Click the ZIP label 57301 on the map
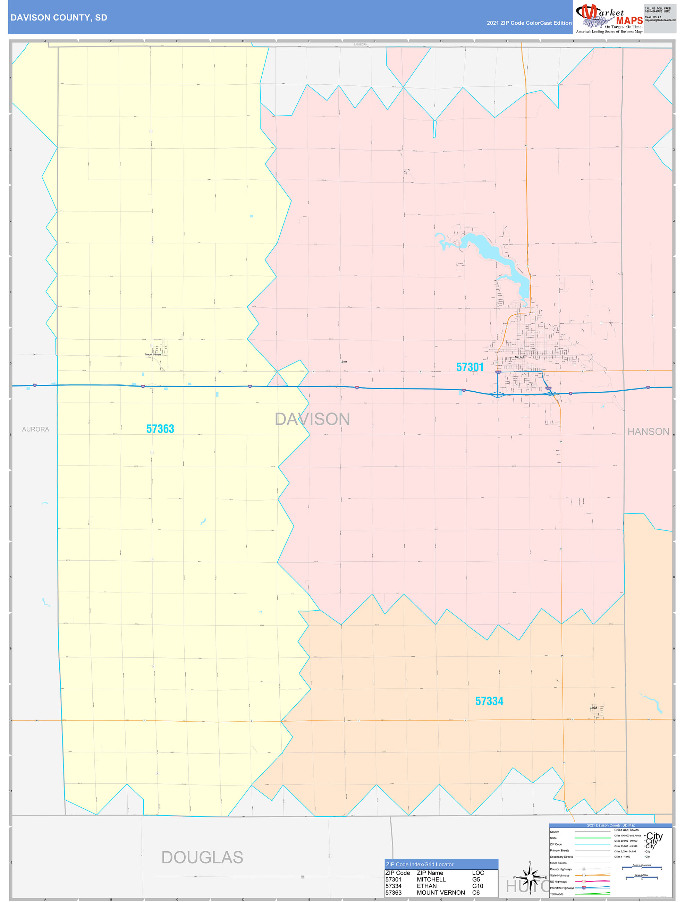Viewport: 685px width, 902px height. pos(470,367)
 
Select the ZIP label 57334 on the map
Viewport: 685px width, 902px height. pos(489,701)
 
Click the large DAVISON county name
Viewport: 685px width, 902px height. pos(312,419)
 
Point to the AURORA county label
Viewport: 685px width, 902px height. pos(35,429)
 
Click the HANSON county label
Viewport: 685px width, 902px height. pos(648,432)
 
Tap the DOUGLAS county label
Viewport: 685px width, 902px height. pos(202,857)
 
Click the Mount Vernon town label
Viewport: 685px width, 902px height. pos(153,354)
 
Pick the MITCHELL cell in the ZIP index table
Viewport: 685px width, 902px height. pos(431,879)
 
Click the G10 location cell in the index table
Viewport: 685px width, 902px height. pos(477,886)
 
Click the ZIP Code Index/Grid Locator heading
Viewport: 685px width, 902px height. pos(420,865)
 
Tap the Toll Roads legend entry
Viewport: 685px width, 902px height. pos(557,894)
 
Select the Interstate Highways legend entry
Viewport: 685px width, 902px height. pos(562,888)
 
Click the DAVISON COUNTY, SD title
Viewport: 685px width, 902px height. pos(59,18)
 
